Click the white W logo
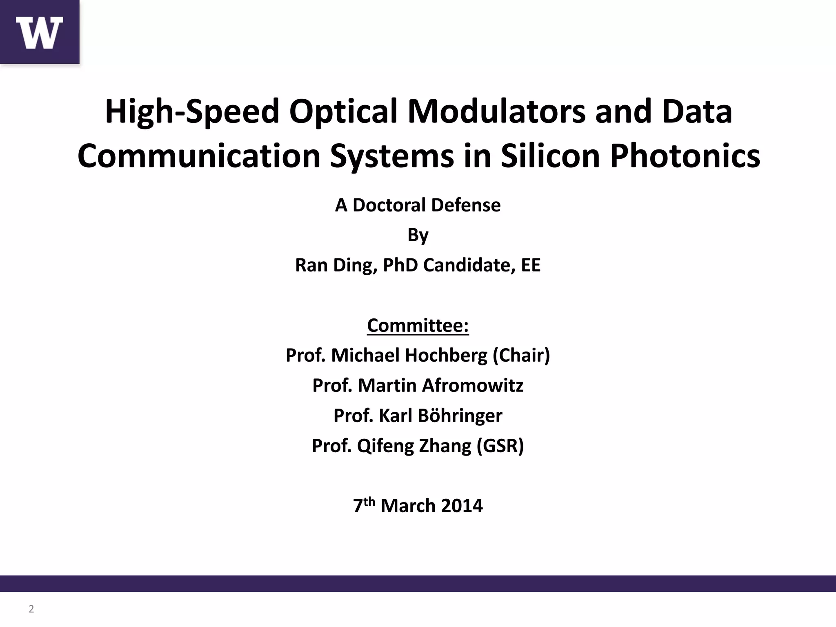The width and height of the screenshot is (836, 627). pos(40,33)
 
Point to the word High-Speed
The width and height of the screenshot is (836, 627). pos(192,111)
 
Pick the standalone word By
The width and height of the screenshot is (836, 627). pos(418,235)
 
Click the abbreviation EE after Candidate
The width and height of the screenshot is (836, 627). pos(530,265)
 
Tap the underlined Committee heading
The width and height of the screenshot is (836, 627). pos(418,325)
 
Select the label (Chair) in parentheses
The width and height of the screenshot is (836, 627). pos(521,355)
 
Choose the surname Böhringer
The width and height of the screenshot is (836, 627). pos(440,416)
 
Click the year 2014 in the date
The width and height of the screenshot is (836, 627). pos(462,506)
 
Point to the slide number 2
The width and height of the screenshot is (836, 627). pos(31,609)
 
